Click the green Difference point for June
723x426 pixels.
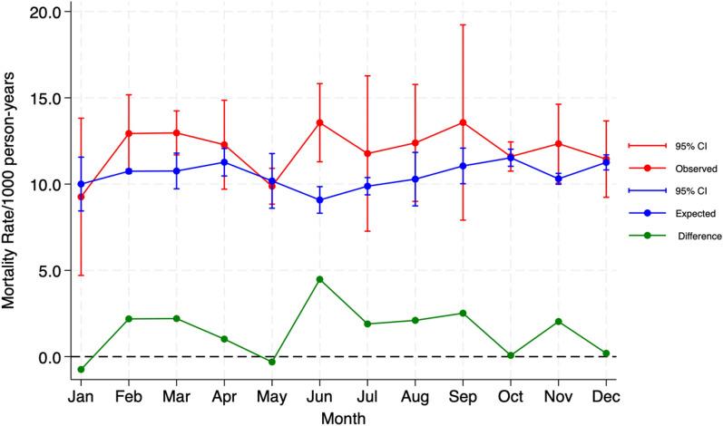click(319, 279)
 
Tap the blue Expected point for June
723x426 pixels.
click(319, 199)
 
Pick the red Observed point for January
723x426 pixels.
click(81, 197)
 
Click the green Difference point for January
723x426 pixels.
click(81, 369)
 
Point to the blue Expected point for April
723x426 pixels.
click(224, 162)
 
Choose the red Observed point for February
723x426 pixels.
click(129, 133)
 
